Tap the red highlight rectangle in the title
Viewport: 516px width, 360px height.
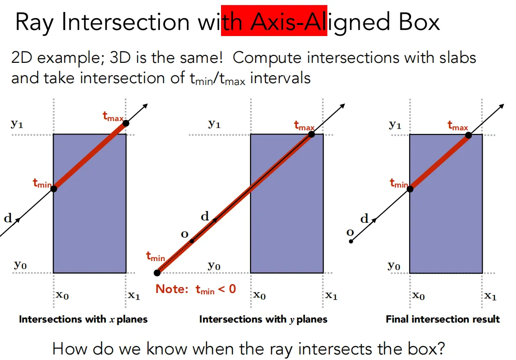pos(274,20)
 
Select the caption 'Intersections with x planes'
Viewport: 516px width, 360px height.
pos(83,319)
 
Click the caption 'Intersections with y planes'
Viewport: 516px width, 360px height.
pos(263,319)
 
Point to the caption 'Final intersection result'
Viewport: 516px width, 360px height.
pos(442,319)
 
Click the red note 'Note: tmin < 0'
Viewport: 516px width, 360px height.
pos(196,289)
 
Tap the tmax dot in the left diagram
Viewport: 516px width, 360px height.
pos(126,123)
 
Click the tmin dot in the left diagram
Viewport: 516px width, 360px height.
pos(54,189)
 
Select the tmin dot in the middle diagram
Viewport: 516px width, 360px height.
pos(157,273)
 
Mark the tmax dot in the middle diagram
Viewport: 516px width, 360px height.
pos(311,134)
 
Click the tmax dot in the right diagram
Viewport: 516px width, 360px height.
pos(468,135)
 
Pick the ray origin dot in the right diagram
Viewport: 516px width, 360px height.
pos(351,241)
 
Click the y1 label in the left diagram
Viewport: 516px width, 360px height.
pos(17,124)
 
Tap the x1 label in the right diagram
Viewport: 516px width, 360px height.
pos(490,296)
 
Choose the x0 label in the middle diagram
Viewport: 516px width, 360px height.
pos(260,295)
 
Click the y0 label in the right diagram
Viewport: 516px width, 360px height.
pos(394,265)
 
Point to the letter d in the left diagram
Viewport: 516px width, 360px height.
pos(8,218)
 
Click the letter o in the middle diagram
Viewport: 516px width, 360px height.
pos(184,234)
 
